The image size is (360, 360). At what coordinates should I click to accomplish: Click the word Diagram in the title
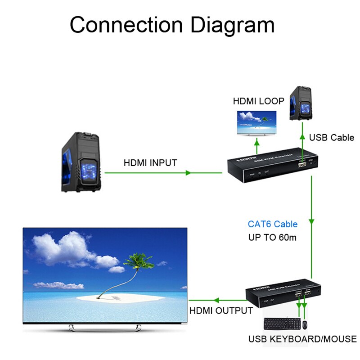(233, 25)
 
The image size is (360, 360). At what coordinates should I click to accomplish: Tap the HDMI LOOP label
(258, 101)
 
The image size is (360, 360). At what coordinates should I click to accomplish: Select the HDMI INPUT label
(150, 163)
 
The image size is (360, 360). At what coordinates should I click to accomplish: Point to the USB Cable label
(332, 138)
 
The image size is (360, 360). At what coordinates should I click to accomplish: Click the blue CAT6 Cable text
(273, 224)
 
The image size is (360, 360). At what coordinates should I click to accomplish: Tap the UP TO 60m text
(272, 238)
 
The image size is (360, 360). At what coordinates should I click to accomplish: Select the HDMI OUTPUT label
(221, 310)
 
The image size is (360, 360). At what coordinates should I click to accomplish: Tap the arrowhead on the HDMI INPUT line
(189, 172)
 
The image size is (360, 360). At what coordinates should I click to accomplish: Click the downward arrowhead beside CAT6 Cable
(312, 222)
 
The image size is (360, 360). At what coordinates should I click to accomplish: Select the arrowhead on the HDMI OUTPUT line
(216, 300)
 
